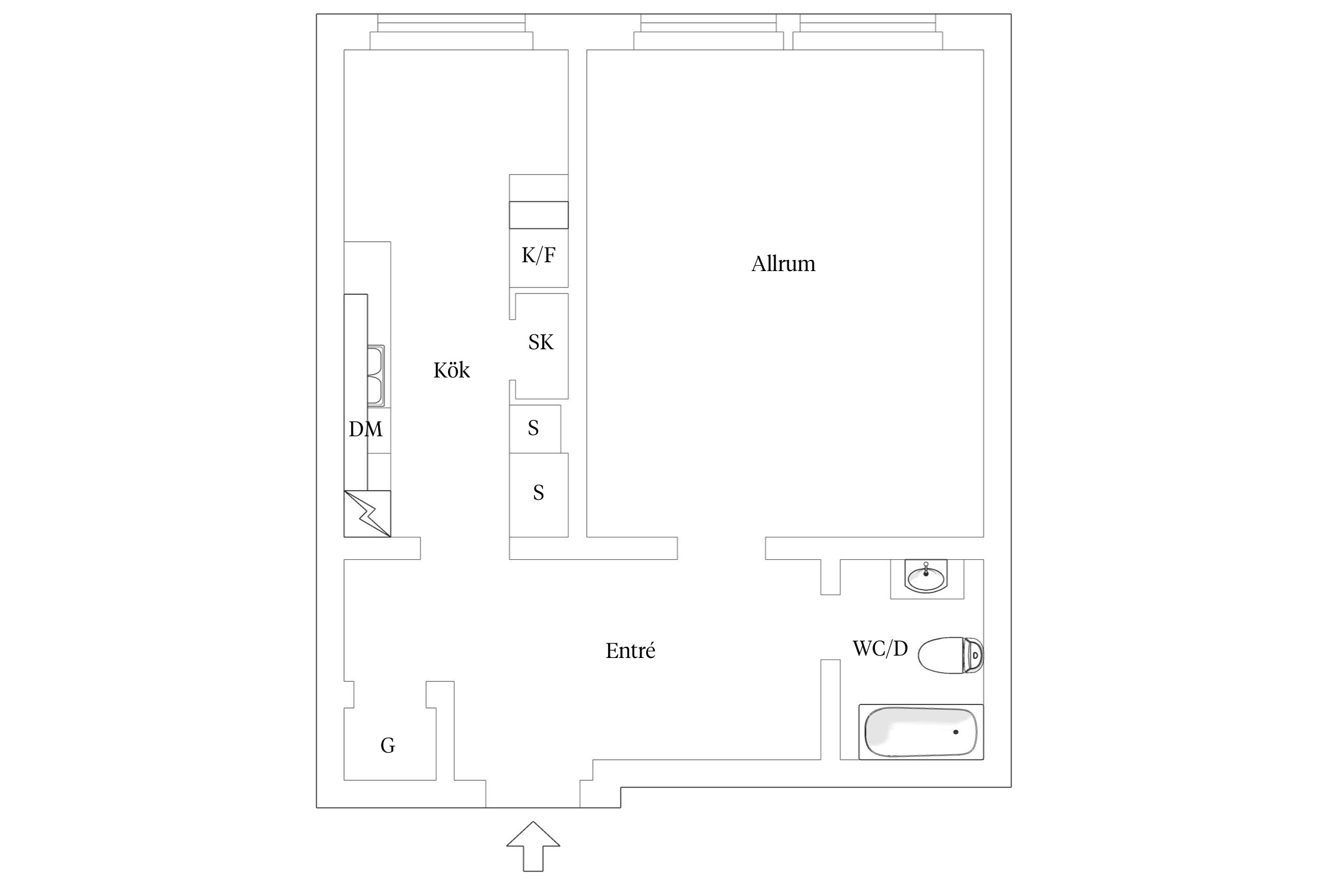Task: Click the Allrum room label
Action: [783, 264]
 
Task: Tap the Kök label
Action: [452, 370]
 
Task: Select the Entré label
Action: [630, 650]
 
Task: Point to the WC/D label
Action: [880, 648]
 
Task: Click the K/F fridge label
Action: [539, 255]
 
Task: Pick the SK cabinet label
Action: [541, 342]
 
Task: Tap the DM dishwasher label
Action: [365, 429]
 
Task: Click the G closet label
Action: [387, 746]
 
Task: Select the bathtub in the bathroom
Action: [921, 732]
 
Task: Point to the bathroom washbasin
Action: [926, 577]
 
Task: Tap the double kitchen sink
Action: [376, 376]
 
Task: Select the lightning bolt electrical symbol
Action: [367, 513]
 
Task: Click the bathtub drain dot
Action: [955, 732]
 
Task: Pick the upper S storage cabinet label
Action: [533, 428]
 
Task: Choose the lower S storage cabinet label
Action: [539, 493]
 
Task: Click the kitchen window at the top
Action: [452, 32]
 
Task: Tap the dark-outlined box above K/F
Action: [539, 215]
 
